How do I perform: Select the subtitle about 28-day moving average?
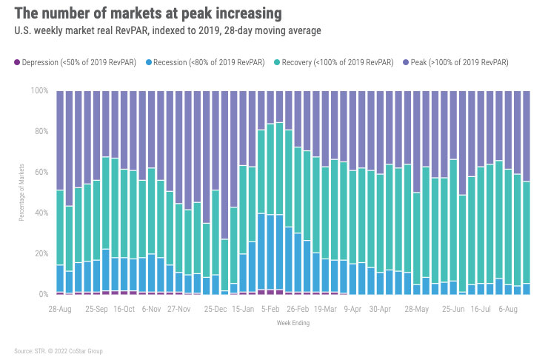[x=167, y=31]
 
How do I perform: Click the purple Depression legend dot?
[x=16, y=62]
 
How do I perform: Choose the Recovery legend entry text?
[x=333, y=62]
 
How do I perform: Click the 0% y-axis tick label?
[x=43, y=295]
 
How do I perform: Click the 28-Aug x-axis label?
[x=61, y=307]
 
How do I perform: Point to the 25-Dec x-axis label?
[x=216, y=307]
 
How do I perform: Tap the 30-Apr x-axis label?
[x=380, y=307]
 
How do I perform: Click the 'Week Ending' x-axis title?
[x=294, y=323]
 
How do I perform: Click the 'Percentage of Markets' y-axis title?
[x=21, y=193]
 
